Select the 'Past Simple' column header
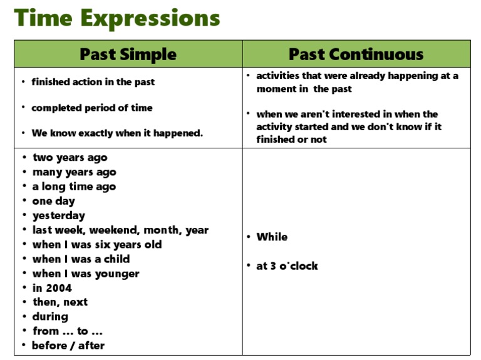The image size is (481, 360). (128, 54)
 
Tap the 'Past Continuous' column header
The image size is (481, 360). (356, 54)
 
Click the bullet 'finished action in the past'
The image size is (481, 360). (93, 82)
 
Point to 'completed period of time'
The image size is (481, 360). (91, 108)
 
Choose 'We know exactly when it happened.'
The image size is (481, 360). (117, 133)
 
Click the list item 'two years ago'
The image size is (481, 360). (70, 158)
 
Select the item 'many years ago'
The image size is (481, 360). (74, 172)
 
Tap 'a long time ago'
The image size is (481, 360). (74, 187)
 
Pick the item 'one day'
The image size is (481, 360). (53, 201)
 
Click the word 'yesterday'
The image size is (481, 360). (58, 215)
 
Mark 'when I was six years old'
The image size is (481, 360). (96, 244)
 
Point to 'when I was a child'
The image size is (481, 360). (81, 259)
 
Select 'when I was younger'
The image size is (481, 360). (86, 274)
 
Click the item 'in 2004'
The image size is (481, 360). (52, 288)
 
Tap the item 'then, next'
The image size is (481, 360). (60, 302)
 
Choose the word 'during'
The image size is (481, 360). (50, 316)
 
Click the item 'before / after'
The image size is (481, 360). (68, 346)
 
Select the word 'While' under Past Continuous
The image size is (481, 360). (272, 237)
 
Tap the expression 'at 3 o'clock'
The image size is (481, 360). (287, 266)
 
